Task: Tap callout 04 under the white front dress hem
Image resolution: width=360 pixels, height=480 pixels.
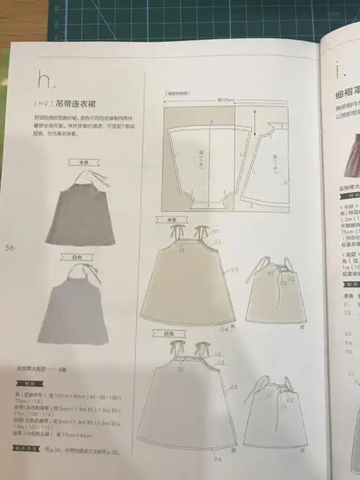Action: point(217,458)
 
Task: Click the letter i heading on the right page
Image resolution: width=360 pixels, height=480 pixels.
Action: point(338,69)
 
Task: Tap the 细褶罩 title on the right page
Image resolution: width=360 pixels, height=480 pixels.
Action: point(345,92)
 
